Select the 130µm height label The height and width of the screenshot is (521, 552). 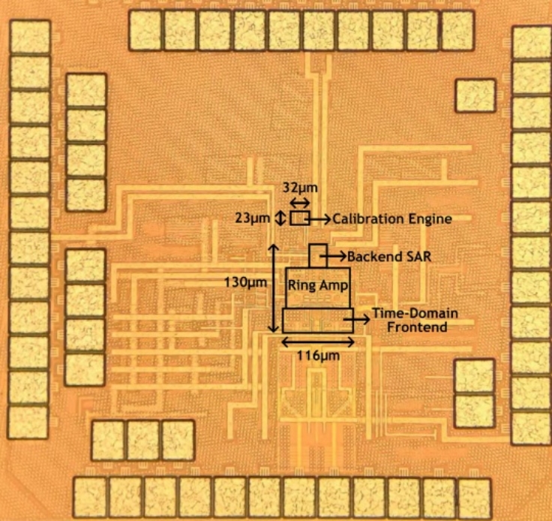245,282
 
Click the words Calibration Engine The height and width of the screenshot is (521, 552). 391,219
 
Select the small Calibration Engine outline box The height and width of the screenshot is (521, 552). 299,218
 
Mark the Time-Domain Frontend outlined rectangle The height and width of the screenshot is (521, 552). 318,321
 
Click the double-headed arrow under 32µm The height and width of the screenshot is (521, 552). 299,203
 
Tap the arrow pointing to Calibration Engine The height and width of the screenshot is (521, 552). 319,218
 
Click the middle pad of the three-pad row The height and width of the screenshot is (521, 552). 142,440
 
